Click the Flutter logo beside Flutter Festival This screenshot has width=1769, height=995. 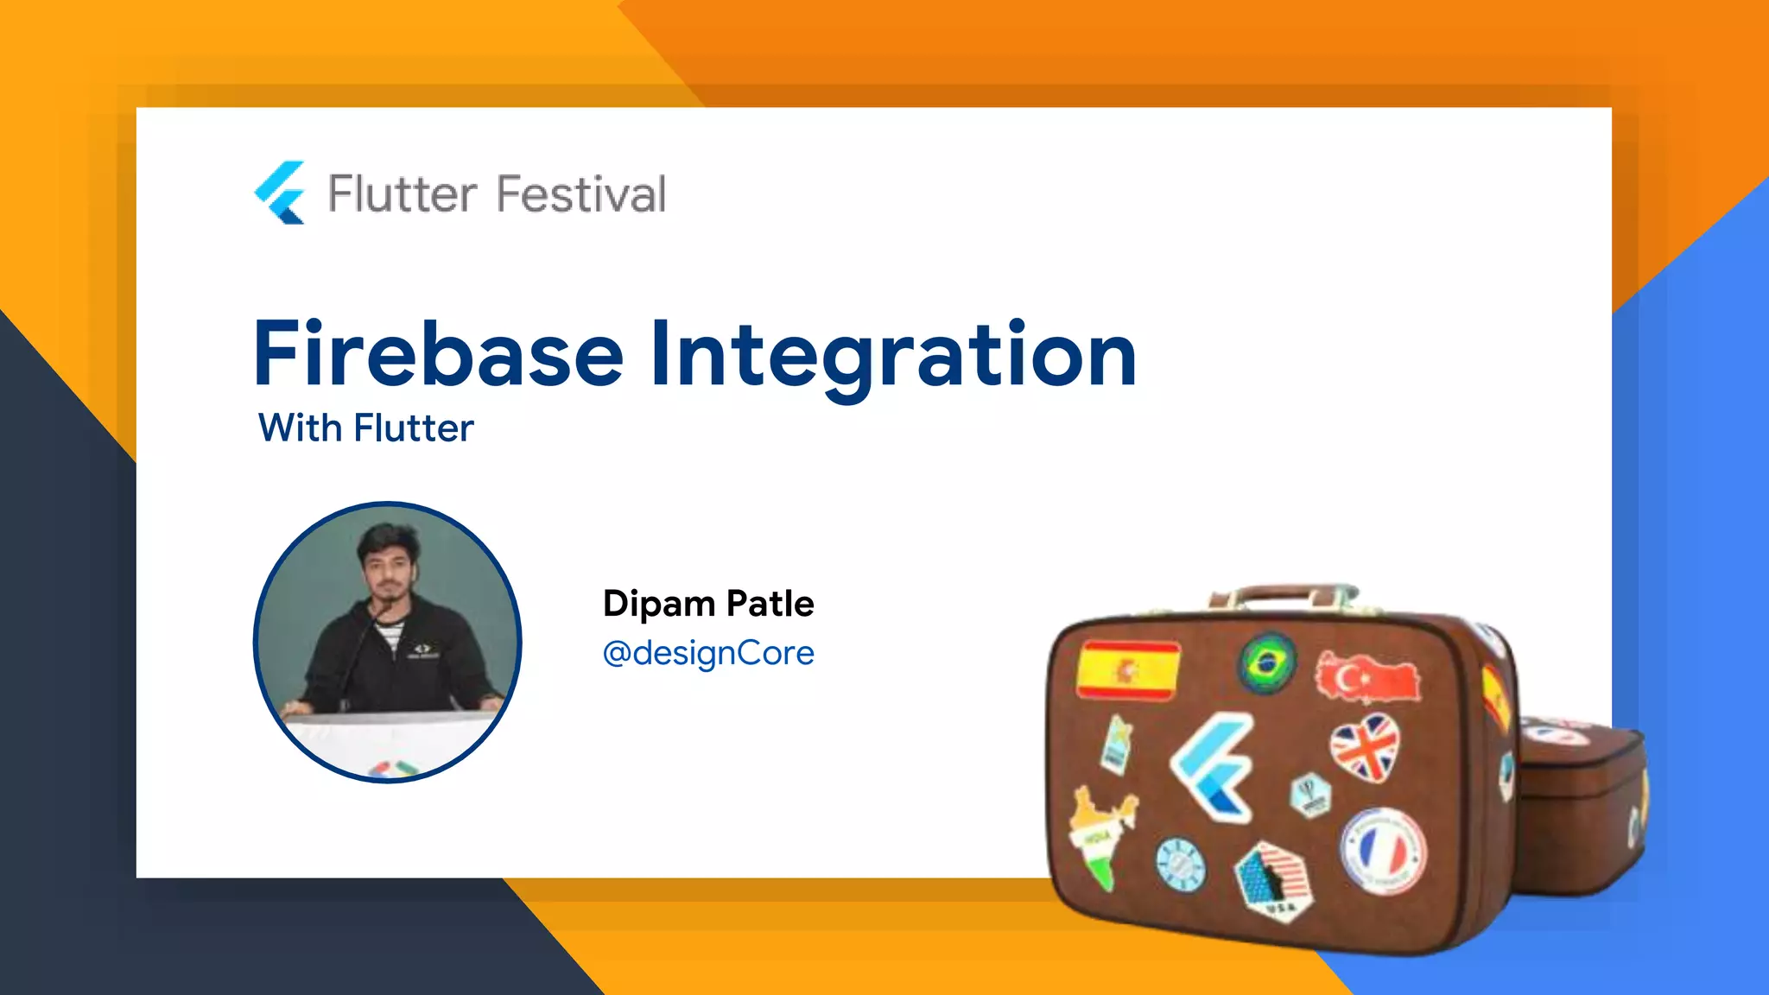(280, 193)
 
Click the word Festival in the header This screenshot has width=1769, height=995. (580, 193)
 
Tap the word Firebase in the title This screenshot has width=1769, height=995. (438, 354)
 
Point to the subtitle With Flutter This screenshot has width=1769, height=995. (365, 428)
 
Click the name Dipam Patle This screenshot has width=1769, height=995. (708, 603)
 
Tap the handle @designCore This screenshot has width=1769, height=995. (708, 653)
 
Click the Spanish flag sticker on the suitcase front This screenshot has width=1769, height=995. (1128, 669)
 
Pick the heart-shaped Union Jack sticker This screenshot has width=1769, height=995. (1365, 748)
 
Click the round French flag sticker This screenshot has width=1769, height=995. (1382, 851)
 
